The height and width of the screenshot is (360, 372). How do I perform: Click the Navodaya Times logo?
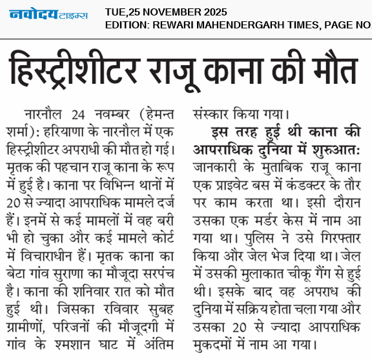pos(48,14)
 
